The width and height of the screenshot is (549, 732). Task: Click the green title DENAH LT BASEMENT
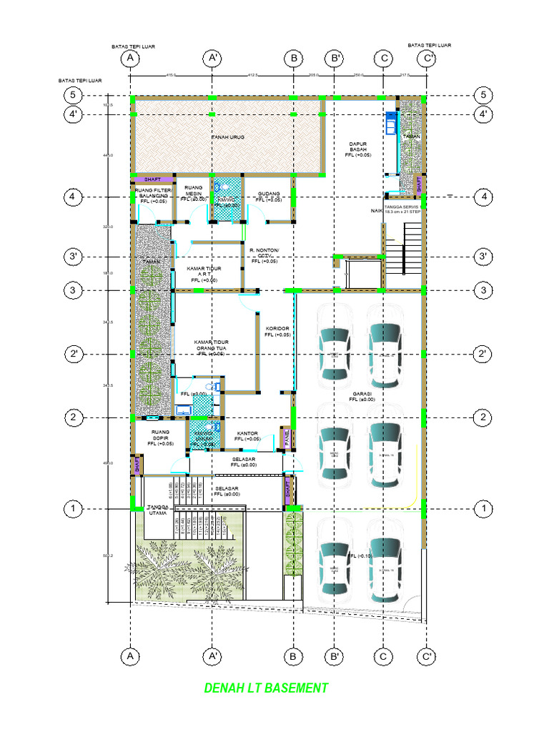pyautogui.click(x=266, y=688)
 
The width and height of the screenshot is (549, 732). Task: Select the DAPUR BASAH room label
pyautogui.click(x=357, y=148)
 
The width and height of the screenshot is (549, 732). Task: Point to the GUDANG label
pyautogui.click(x=268, y=197)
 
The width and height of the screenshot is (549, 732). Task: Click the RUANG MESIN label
pyautogui.click(x=193, y=193)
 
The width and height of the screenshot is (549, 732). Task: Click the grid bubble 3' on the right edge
pyautogui.click(x=484, y=256)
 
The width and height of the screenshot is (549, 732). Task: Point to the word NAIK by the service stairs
pyautogui.click(x=375, y=212)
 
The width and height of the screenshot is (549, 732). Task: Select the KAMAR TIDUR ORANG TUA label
pyautogui.click(x=212, y=347)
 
